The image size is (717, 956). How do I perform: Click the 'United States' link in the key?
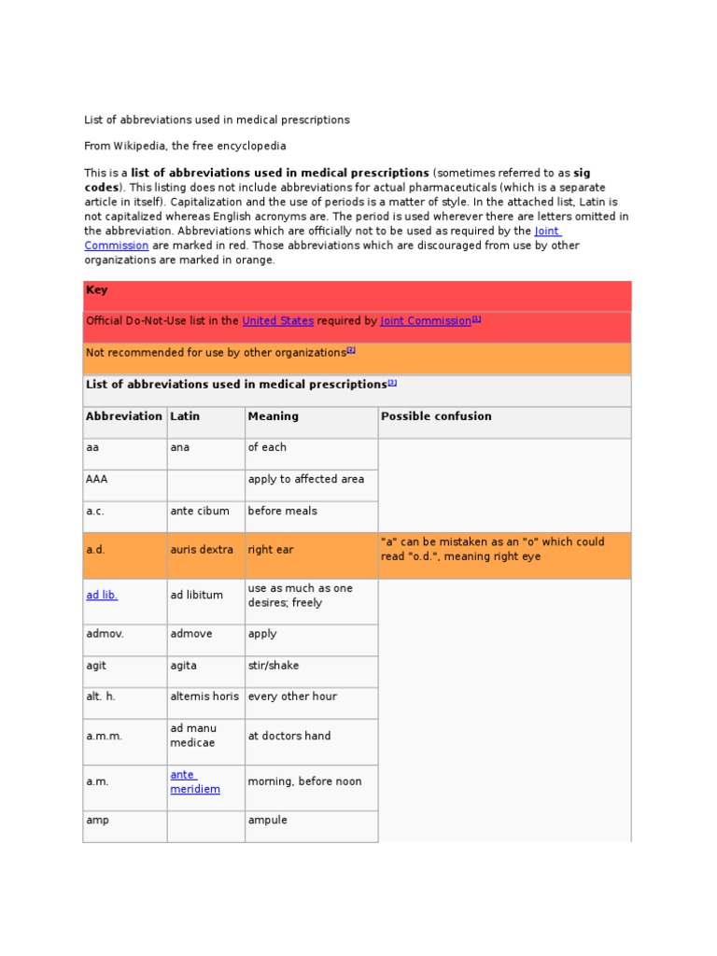click(277, 320)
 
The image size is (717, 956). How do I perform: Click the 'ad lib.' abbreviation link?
click(102, 595)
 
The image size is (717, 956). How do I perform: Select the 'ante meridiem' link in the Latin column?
click(194, 781)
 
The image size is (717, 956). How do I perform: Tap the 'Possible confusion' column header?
click(436, 416)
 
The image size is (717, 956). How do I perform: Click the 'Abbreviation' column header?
click(123, 416)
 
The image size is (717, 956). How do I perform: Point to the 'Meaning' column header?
click(273, 416)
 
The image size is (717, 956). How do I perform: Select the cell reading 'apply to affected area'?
click(305, 479)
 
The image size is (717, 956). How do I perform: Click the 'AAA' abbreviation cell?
click(97, 479)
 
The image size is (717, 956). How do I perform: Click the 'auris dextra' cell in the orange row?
click(201, 550)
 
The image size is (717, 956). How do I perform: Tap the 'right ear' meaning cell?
click(270, 550)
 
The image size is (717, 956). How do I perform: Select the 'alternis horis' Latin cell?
click(204, 696)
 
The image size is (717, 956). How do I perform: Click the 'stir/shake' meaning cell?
click(274, 666)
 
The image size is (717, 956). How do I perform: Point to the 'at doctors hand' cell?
click(288, 736)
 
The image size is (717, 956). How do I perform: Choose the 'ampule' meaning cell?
click(267, 820)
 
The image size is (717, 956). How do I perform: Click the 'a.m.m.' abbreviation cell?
click(104, 736)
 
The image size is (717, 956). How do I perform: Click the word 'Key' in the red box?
click(97, 290)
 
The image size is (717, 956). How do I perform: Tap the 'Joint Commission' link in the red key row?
click(426, 320)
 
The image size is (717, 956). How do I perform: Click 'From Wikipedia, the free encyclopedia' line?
click(185, 146)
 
